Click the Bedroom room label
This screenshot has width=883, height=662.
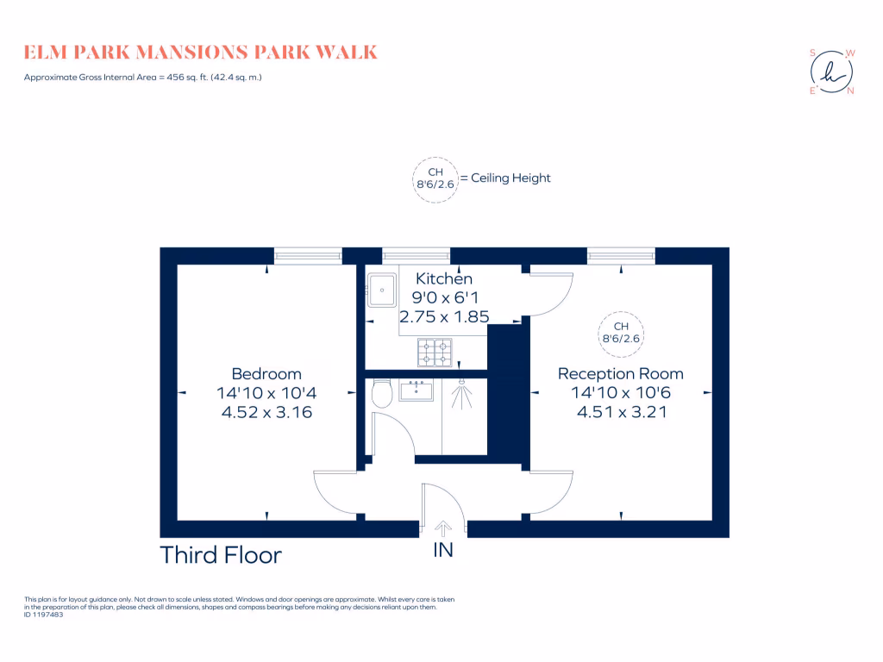[266, 374]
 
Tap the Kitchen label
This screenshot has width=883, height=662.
[444, 279]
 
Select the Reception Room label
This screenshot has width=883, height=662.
[621, 374]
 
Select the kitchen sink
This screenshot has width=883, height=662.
[381, 289]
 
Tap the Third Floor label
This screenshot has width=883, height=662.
[221, 555]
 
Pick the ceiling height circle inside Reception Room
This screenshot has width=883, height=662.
[622, 333]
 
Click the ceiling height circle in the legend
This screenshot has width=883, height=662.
[435, 178]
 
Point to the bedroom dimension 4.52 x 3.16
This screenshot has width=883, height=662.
[266, 412]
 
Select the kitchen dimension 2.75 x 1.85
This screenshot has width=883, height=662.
[444, 316]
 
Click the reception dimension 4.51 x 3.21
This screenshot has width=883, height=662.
[621, 412]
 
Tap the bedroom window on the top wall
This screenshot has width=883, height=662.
[308, 255]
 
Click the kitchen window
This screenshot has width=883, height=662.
[416, 255]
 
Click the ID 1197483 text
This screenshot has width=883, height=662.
[44, 615]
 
